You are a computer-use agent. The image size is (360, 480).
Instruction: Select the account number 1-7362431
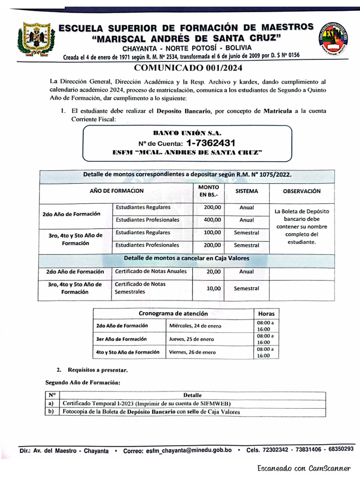click(210, 143)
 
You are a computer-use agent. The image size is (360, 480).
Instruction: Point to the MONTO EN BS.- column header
click(209, 191)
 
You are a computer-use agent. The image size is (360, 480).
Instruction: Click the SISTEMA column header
click(246, 191)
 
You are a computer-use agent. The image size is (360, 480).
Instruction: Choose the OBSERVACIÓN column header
click(302, 191)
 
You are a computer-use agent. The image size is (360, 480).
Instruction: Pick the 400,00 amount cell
click(212, 220)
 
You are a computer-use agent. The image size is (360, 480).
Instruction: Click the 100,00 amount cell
click(212, 232)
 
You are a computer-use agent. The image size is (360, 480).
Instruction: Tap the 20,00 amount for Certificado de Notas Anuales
click(214, 271)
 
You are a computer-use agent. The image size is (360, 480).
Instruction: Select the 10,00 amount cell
click(214, 288)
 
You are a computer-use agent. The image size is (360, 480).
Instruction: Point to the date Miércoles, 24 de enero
click(195, 326)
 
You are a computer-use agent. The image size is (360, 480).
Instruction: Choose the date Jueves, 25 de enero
click(191, 339)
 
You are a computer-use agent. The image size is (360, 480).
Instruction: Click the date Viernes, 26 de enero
click(192, 352)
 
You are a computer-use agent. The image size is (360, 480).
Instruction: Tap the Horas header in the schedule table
click(266, 314)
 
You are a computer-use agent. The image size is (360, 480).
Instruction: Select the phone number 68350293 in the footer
click(341, 449)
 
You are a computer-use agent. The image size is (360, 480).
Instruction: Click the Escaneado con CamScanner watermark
click(303, 468)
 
